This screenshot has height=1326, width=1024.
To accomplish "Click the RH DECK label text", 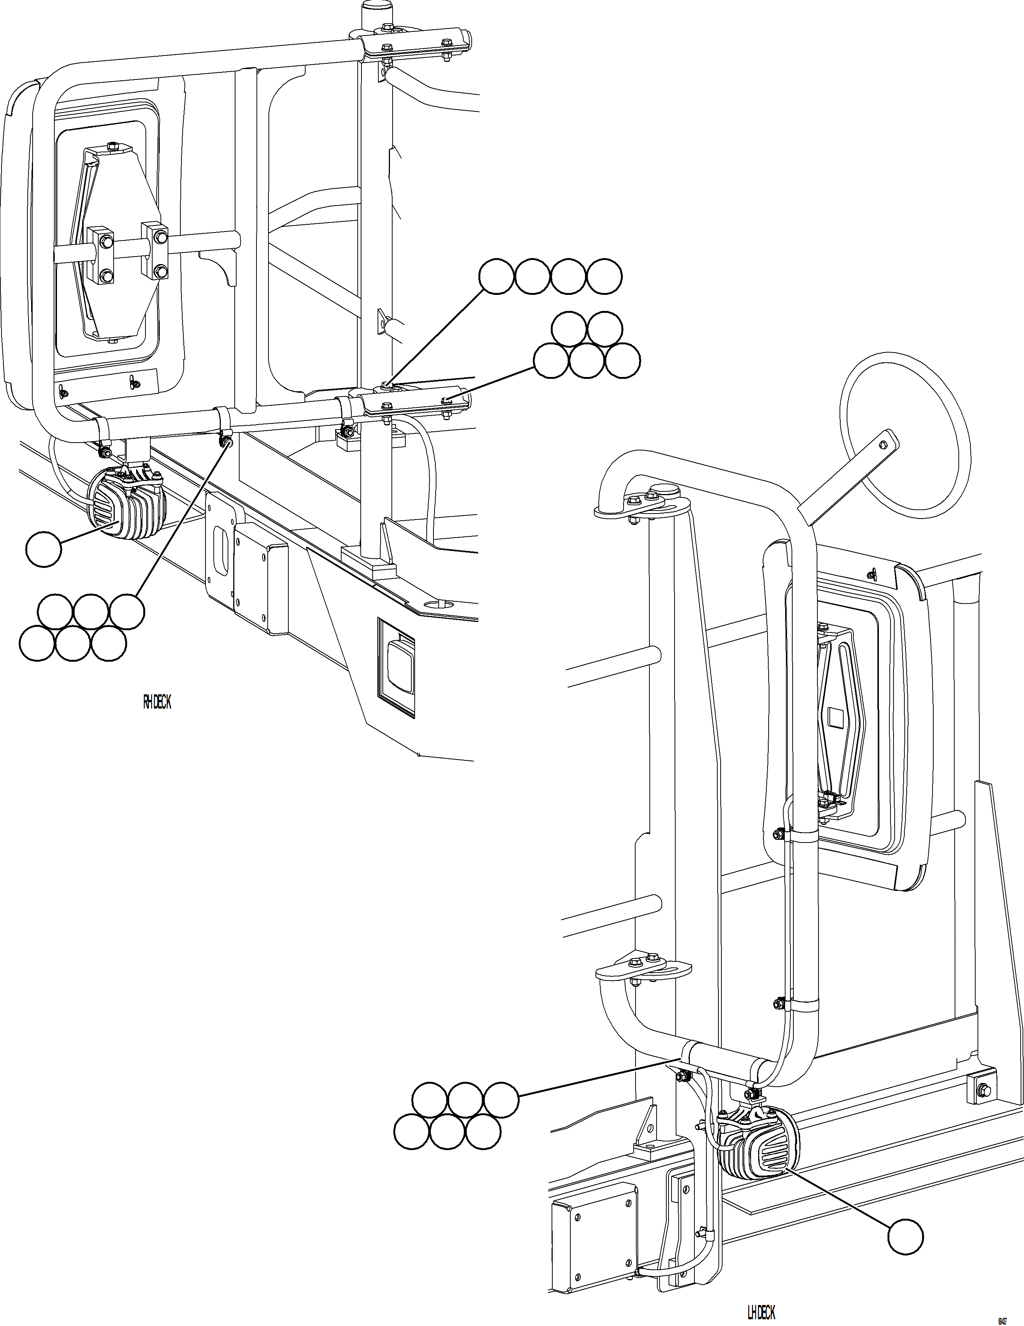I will pyautogui.click(x=157, y=703).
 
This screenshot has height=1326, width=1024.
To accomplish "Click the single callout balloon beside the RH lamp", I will pyautogui.click(x=44, y=550).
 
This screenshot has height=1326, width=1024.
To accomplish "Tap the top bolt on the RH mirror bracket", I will pyautogui.click(x=111, y=146).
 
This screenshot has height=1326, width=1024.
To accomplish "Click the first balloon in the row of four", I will pyautogui.click(x=496, y=277).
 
